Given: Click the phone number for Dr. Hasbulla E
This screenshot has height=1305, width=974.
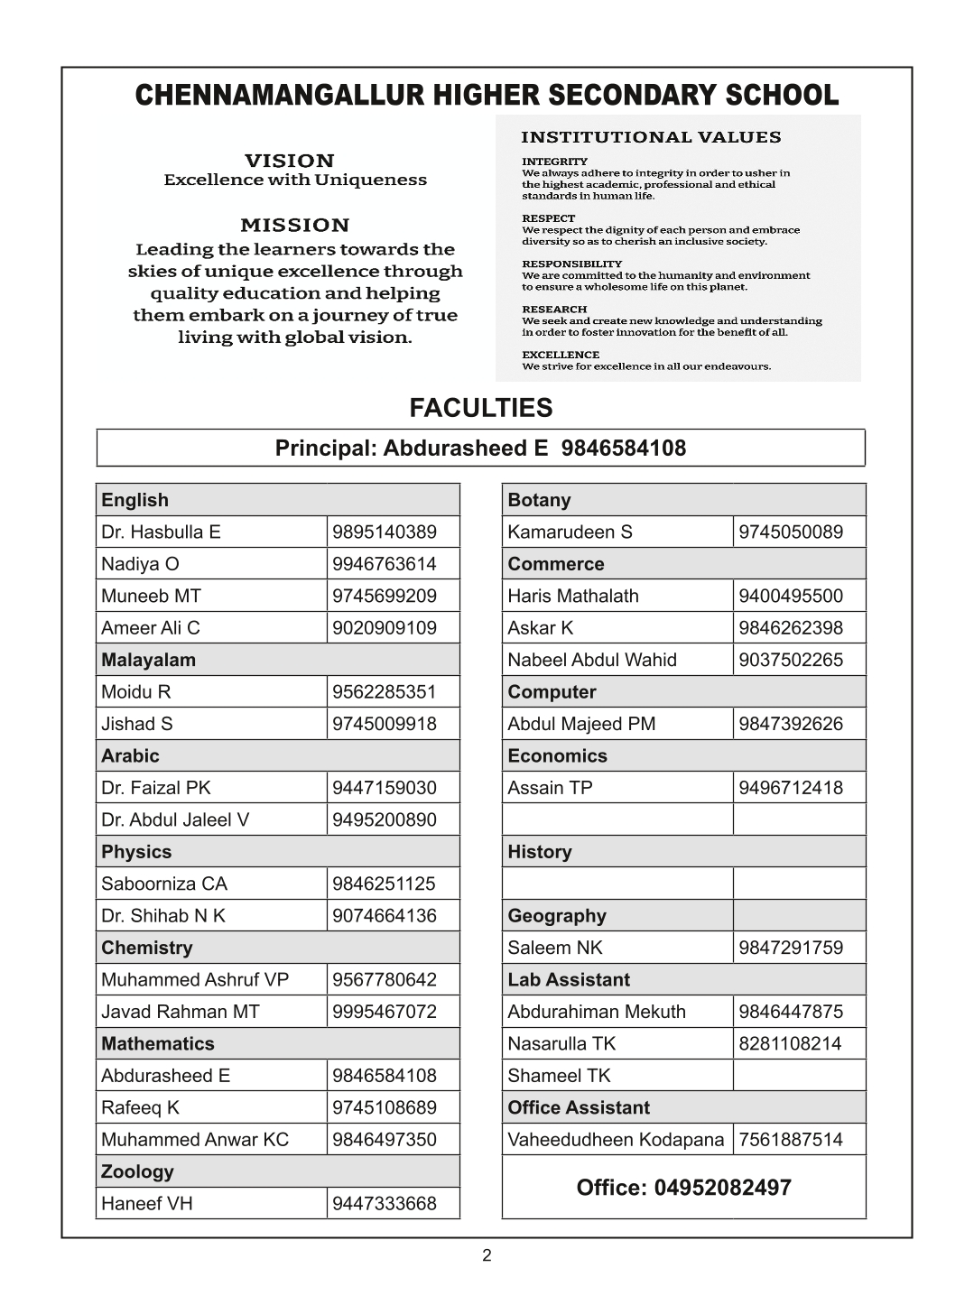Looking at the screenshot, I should [384, 532].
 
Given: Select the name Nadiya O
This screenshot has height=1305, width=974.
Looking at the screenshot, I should [140, 564].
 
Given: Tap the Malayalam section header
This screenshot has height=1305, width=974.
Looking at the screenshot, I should [148, 660].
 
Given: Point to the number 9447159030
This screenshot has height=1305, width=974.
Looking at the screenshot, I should [384, 788].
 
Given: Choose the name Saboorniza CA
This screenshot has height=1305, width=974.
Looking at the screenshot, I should [164, 884].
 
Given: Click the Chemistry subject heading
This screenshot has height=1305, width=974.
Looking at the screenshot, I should [146, 948].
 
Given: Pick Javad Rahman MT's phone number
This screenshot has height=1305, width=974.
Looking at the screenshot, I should [384, 1012].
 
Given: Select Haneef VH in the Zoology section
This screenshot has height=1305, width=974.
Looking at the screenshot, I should [146, 1203].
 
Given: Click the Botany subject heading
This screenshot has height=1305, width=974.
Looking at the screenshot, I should [539, 500].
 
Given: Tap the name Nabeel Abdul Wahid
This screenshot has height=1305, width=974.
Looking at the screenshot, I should [591, 660].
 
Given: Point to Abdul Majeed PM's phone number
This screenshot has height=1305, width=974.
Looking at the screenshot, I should [790, 724].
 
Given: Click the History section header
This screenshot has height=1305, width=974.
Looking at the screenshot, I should [539, 852].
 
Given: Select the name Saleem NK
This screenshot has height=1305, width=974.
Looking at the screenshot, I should [554, 948].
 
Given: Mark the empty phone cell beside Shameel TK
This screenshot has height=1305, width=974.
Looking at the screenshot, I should [799, 1076].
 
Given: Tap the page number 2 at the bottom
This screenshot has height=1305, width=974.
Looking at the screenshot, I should [487, 1255].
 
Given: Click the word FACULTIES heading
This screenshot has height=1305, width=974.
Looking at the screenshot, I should [481, 408].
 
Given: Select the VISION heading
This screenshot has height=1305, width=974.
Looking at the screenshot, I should [290, 161].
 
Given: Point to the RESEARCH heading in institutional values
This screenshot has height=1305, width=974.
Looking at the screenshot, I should [554, 310].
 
